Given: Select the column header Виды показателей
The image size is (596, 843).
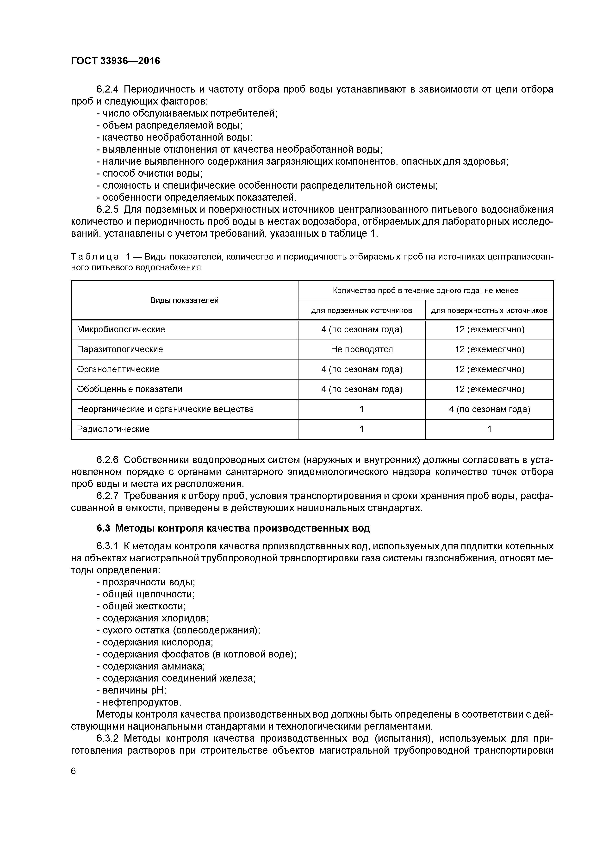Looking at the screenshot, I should pyautogui.click(x=184, y=300).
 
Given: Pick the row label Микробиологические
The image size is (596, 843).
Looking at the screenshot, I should pyautogui.click(x=121, y=329).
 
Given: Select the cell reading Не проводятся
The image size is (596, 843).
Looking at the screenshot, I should pyautogui.click(x=362, y=349).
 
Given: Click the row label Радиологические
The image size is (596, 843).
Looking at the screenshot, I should pyautogui.click(x=113, y=429).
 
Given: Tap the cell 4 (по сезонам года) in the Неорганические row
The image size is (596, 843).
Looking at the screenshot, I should pyautogui.click(x=489, y=409).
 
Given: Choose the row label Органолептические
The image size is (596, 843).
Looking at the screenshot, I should pyautogui.click(x=118, y=369).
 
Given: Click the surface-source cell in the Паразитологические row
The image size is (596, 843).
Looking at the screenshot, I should pyautogui.click(x=489, y=349).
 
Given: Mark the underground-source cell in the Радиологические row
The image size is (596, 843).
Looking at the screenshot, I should pyautogui.click(x=362, y=429).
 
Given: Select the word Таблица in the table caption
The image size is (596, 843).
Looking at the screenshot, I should pyautogui.click(x=95, y=256).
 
